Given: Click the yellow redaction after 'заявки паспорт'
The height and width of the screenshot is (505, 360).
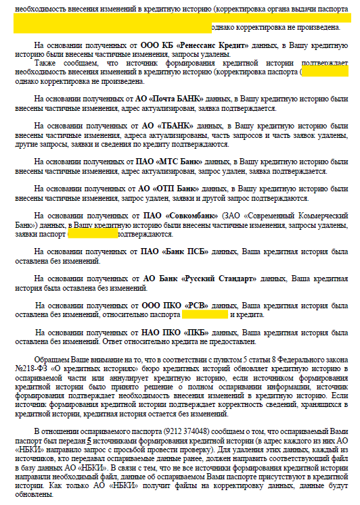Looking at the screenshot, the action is [93, 234].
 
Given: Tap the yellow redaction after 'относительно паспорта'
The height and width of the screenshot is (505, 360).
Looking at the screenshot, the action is [205, 314].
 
